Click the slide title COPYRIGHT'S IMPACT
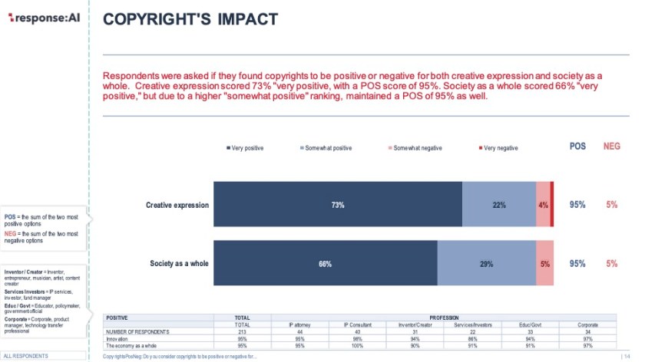pos(190,18)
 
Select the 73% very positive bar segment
pos(337,205)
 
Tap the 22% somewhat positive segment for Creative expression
pos(498,205)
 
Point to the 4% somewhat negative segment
pos(543,205)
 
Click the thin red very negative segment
pos(552,205)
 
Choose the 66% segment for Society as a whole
pos(325,264)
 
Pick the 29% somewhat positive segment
pos(486,264)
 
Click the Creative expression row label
pos(177,205)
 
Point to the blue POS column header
pos(577,146)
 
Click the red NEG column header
pos(611,146)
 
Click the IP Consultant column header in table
pos(356,324)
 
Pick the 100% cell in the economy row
pos(356,345)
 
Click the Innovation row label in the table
pos(117,338)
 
